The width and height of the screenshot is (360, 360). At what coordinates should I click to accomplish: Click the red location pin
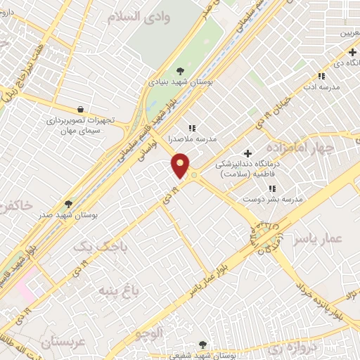[181, 165]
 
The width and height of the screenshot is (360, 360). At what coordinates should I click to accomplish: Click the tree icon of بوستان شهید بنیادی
[180, 70]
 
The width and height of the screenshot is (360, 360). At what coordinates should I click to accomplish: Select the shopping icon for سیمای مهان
[82, 109]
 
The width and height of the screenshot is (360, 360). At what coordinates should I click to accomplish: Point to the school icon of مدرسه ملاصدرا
[191, 128]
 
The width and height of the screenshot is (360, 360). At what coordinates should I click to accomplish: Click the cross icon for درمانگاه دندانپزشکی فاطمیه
[247, 153]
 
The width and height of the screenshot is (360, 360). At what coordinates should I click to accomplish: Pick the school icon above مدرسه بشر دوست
[271, 188]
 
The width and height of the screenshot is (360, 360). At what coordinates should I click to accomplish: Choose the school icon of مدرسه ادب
[321, 76]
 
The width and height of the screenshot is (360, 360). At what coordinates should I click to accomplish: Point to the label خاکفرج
[15, 206]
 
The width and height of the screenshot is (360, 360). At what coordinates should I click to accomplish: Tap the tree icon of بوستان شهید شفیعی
[203, 345]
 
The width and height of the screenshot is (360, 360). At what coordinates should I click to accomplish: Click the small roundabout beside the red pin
[194, 174]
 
